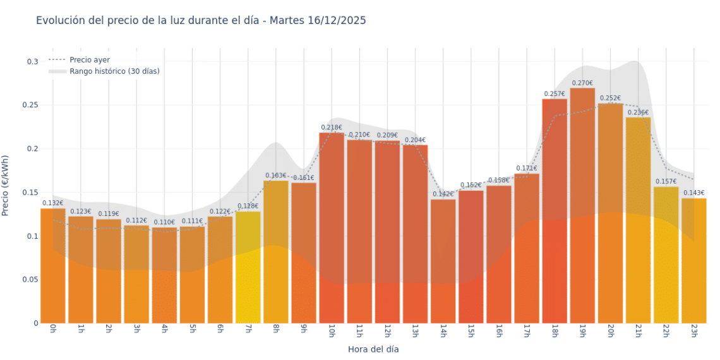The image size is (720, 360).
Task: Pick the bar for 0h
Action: click(x=53, y=265)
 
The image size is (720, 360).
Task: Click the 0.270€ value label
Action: click(x=582, y=83)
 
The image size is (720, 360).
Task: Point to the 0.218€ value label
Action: click(x=332, y=128)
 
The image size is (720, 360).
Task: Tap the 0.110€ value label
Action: click(x=164, y=222)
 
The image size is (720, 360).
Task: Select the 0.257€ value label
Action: click(x=555, y=94)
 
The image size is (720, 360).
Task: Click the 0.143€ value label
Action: click(x=693, y=193)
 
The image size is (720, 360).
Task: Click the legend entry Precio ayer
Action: click(x=90, y=60)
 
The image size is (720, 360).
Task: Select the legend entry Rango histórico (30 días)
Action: click(x=114, y=71)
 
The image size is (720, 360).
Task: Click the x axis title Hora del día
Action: click(x=373, y=349)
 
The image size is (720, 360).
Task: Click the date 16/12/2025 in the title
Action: click(x=337, y=21)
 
